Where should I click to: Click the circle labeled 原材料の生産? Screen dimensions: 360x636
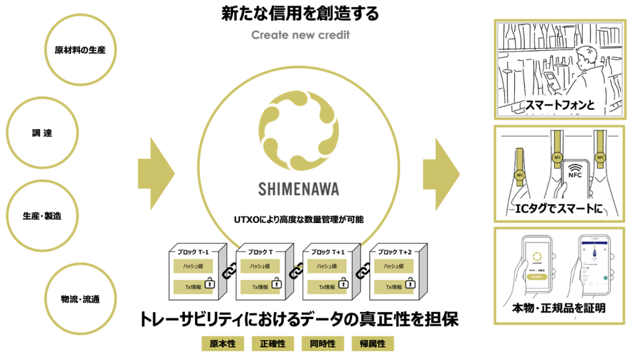click(x=85, y=49)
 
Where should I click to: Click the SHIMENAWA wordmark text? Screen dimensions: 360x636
click(x=298, y=191)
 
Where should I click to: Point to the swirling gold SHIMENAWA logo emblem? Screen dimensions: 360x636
click(x=298, y=129)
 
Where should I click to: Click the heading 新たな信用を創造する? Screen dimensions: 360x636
click(x=300, y=14)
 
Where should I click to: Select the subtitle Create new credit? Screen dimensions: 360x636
click(x=300, y=35)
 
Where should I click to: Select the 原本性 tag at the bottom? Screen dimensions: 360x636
click(x=222, y=344)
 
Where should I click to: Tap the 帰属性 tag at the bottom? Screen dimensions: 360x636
click(x=372, y=344)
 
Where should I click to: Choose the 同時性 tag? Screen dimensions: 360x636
click(x=323, y=344)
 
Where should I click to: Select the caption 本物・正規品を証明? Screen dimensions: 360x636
click(x=561, y=309)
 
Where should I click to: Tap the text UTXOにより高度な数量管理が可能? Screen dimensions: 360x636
click(x=300, y=219)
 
